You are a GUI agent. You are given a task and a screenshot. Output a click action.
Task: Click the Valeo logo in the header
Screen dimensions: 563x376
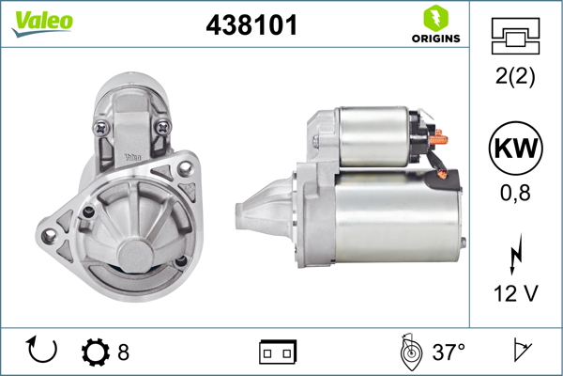pos(42,23)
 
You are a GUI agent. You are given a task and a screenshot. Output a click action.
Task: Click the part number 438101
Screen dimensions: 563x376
pos(251,24)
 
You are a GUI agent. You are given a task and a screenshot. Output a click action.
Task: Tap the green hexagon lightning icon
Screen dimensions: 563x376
pos(436,19)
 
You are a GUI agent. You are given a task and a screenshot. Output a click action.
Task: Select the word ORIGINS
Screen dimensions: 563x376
pos(436,39)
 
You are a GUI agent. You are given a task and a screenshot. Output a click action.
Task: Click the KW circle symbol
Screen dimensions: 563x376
pos(515,148)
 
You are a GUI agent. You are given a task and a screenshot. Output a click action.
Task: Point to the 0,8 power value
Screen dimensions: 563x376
pos(515,193)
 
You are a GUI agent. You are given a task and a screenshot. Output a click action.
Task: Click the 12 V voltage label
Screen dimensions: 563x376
pos(515,293)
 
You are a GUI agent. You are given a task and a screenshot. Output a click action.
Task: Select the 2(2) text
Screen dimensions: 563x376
pos(515,76)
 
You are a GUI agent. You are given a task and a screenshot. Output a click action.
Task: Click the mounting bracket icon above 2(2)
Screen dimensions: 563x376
pos(515,36)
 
